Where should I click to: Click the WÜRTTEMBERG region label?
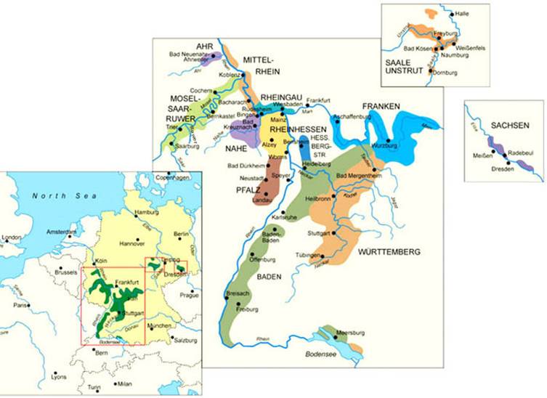click(389, 252)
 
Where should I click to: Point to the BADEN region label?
click(269, 277)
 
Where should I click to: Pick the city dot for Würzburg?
click(389, 141)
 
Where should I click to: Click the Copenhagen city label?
click(174, 178)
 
